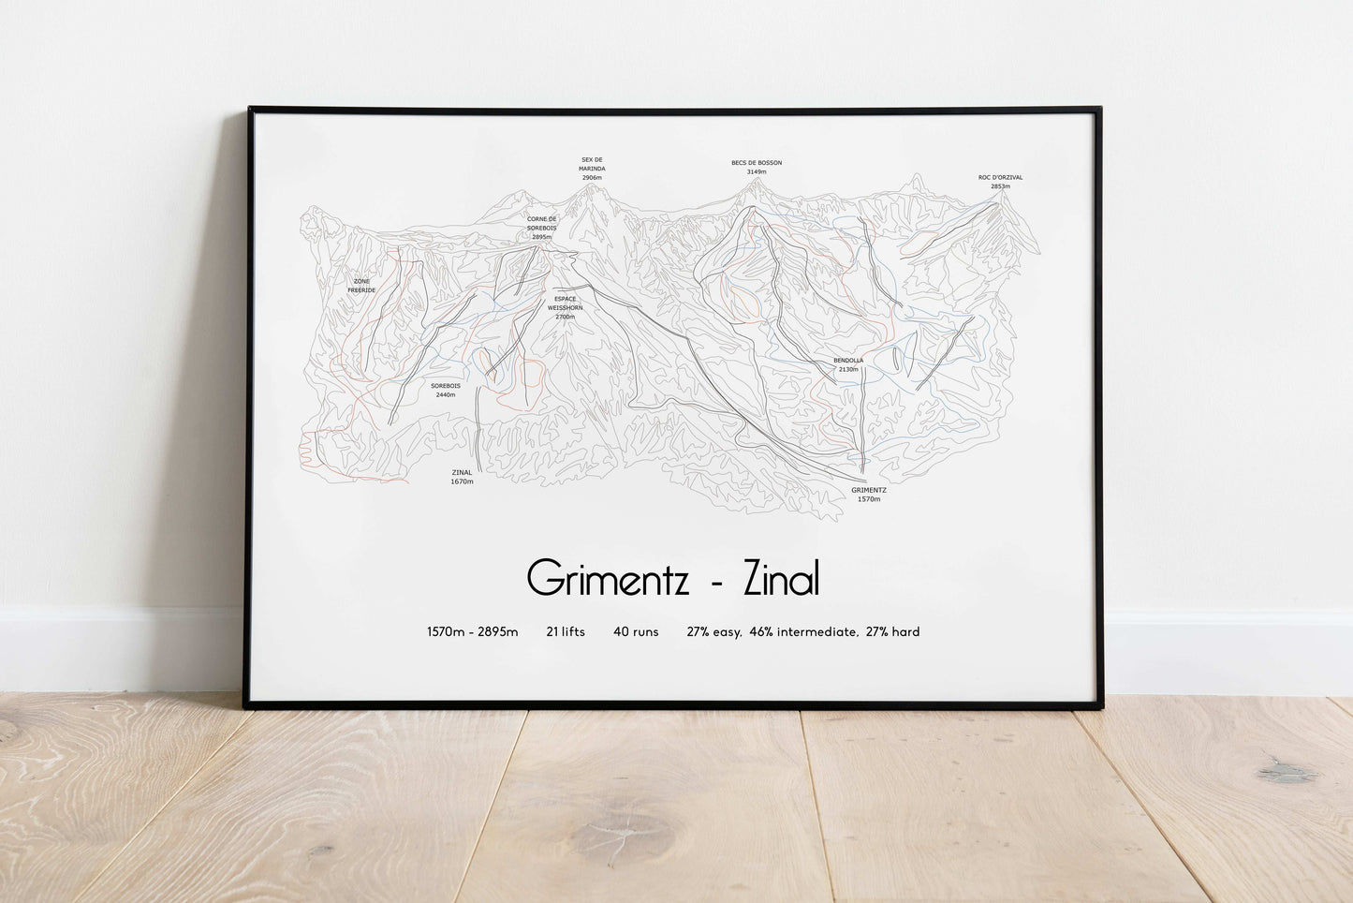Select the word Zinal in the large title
[781, 579]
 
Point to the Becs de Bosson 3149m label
[756, 168]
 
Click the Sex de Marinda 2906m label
[592, 169]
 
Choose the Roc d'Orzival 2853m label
[1000, 182]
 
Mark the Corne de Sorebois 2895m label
[541, 228]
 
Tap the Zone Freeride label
[361, 286]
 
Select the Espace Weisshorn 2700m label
[565, 307]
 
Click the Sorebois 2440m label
[445, 390]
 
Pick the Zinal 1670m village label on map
[462, 477]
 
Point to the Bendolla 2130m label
[848, 364]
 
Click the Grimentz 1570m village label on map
[869, 494]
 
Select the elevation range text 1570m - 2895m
[472, 632]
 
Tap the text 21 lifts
[566, 632]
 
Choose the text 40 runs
[636, 632]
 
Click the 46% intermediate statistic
[802, 632]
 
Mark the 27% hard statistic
[892, 632]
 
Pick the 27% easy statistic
[713, 632]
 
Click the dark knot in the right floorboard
[1285, 773]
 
